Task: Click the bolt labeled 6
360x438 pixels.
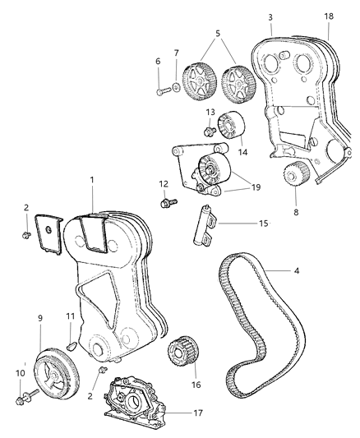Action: [161, 92]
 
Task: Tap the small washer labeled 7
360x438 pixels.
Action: [177, 87]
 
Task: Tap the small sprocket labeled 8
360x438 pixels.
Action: [293, 176]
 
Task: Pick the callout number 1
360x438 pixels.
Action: [94, 178]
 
